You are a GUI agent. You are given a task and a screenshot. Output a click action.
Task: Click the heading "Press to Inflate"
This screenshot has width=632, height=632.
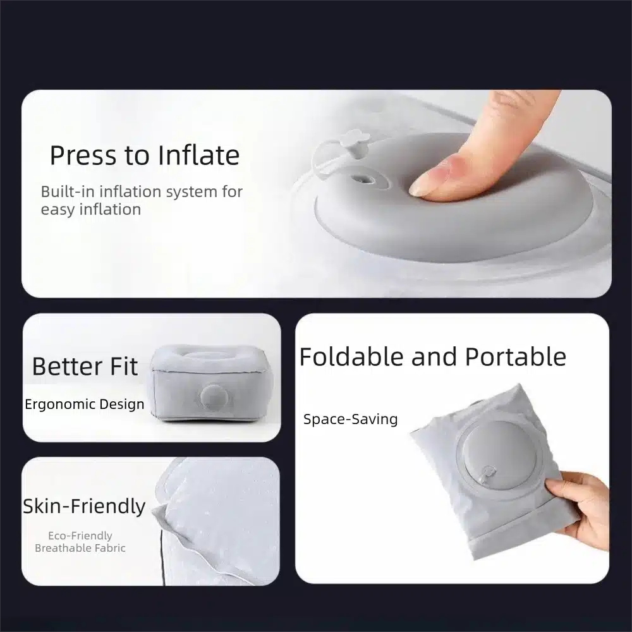145,155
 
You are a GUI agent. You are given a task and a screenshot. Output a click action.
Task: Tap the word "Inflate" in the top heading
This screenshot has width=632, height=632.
198,155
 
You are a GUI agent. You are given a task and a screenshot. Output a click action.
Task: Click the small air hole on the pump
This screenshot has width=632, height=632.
362,179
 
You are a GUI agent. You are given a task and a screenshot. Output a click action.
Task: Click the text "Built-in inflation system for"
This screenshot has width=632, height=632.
142,192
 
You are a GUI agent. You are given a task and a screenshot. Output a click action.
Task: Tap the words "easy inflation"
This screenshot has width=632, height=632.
91,210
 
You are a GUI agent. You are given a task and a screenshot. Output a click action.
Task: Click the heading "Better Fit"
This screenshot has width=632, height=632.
85,367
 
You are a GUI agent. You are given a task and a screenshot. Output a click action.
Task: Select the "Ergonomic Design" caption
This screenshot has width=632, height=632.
84,404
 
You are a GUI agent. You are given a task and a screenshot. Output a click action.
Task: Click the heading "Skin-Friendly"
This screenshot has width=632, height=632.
84,507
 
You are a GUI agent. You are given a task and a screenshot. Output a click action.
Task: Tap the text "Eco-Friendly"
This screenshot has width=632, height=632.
80,536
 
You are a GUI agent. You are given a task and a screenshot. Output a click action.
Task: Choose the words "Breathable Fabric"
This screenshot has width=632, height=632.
80,548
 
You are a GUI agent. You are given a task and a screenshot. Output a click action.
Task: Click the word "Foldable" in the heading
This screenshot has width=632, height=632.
351,356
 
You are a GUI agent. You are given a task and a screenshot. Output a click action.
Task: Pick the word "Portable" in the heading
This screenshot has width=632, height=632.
516,356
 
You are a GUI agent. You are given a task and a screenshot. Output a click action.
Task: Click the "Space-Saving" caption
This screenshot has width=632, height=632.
350,419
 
